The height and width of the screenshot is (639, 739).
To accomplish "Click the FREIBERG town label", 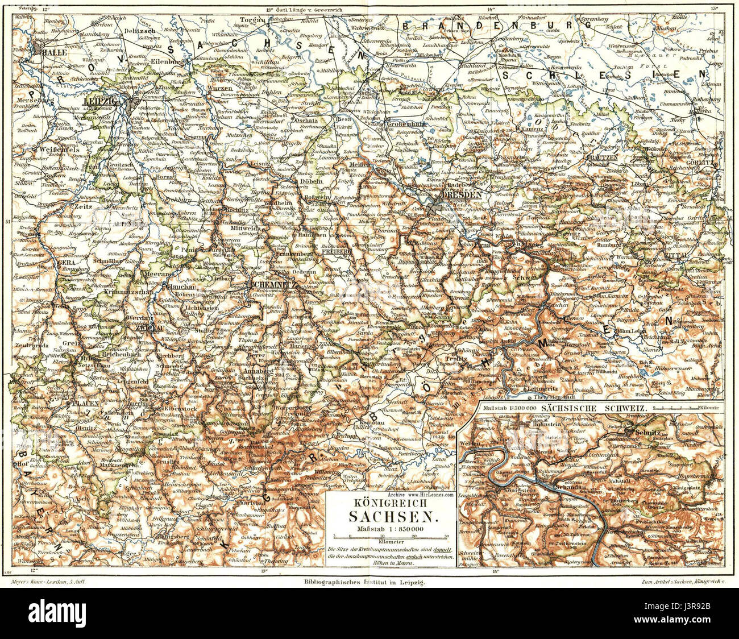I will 319,248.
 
